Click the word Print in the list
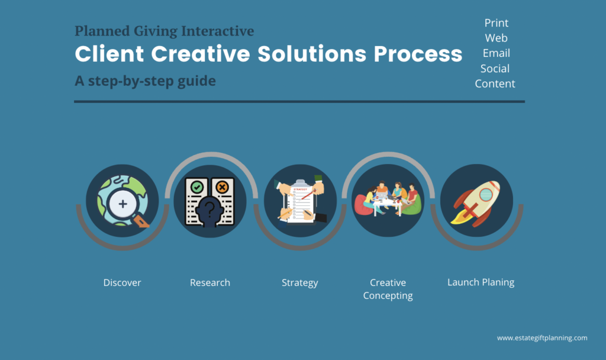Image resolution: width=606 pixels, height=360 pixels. click(x=497, y=23)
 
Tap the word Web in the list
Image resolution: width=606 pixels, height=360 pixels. click(x=497, y=38)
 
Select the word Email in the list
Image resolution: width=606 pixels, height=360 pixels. click(x=497, y=53)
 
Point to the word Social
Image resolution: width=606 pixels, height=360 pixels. click(x=495, y=69)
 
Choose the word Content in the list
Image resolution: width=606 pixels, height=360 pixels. click(x=495, y=83)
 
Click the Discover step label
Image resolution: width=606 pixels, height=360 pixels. click(x=122, y=282)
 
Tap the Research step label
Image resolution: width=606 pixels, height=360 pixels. click(x=210, y=282)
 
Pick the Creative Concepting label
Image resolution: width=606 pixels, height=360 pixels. click(x=388, y=289)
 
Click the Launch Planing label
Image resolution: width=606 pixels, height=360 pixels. click(x=481, y=282)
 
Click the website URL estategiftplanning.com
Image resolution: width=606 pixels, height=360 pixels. click(x=542, y=338)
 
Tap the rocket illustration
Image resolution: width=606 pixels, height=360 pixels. click(x=475, y=202)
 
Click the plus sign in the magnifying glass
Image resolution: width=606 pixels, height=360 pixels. click(x=123, y=204)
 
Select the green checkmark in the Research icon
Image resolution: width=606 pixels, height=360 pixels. click(x=197, y=188)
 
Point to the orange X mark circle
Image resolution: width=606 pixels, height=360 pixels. click(x=222, y=188)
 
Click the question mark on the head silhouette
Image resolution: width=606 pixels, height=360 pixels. click(x=209, y=209)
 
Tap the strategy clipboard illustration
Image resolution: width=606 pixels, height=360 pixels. click(x=301, y=201)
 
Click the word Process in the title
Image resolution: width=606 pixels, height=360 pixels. click(x=418, y=54)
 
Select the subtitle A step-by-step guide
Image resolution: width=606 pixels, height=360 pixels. click(x=146, y=81)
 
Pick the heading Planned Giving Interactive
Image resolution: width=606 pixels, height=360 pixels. click(x=165, y=31)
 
